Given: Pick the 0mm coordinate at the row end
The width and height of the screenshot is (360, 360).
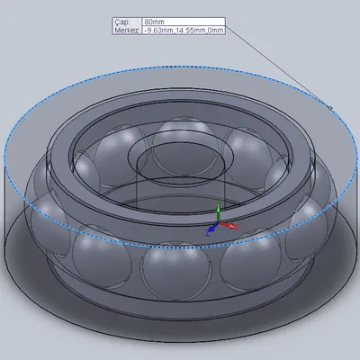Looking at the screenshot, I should tap(214, 30).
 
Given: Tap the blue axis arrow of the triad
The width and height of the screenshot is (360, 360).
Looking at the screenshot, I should tap(211, 229).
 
